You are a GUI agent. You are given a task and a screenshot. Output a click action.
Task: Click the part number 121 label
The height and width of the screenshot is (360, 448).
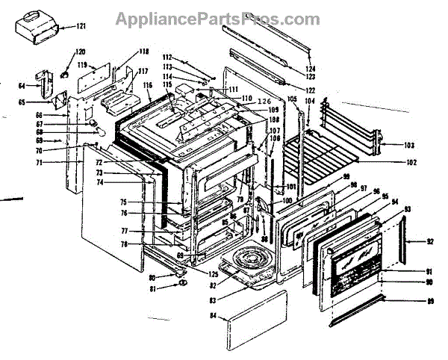tap(81, 27)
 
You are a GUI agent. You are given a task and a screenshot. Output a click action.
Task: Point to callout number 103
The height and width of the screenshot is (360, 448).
tap(409, 144)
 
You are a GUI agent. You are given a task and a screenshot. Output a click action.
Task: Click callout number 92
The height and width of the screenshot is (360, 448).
tap(429, 241)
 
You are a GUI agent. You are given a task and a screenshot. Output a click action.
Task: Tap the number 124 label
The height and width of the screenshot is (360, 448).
tap(311, 69)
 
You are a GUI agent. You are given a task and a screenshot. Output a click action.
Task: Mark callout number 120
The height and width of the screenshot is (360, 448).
tap(81, 52)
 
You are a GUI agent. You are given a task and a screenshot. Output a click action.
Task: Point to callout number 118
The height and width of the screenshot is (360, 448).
tap(144, 52)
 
